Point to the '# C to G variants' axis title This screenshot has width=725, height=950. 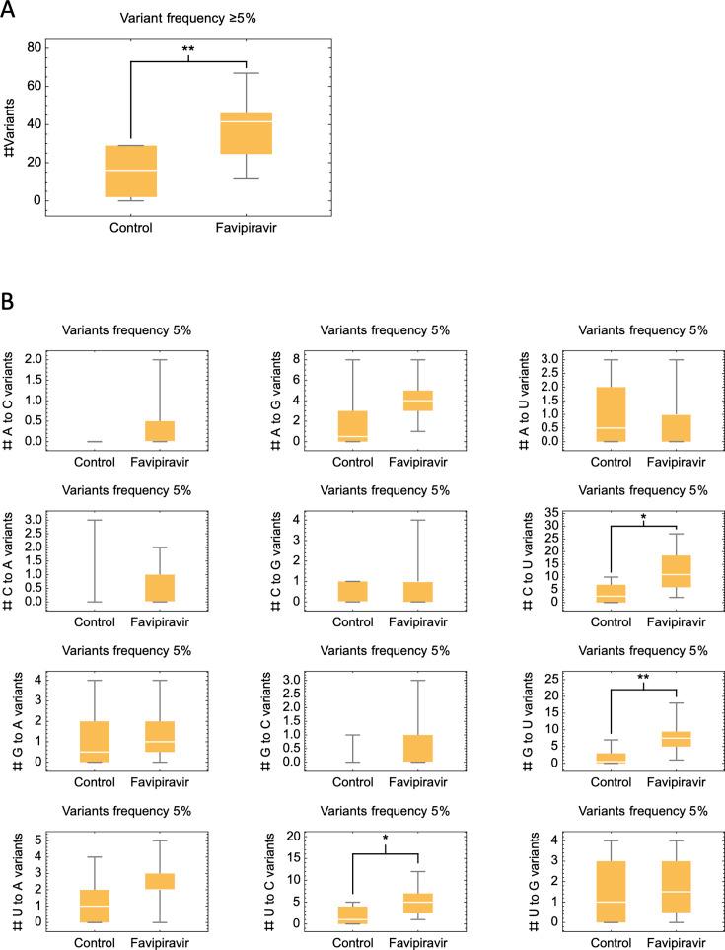tap(254, 558)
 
